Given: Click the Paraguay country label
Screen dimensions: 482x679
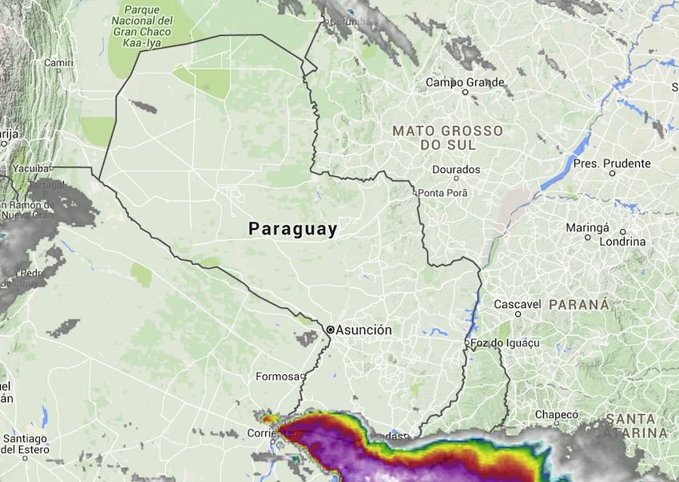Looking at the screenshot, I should tap(292, 229).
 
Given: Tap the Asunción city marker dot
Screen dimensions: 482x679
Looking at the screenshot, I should tap(330, 329).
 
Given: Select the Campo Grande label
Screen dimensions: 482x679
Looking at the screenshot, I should tap(465, 82).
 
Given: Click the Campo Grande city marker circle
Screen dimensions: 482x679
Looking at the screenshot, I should tap(465, 92).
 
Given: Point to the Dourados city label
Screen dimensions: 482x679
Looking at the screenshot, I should tap(456, 169).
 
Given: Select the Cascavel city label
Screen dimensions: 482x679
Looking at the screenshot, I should tap(518, 304).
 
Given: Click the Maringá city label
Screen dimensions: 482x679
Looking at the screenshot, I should tap(587, 227).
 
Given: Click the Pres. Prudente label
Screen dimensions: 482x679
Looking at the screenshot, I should tap(612, 164).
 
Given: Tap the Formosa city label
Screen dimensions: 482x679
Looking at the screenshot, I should tap(276, 376).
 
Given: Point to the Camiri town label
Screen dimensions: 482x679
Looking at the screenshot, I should tap(59, 62).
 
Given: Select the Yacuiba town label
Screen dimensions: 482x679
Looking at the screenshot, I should tap(31, 168).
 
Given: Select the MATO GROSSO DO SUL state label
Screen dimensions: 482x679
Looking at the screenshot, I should tap(447, 138).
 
